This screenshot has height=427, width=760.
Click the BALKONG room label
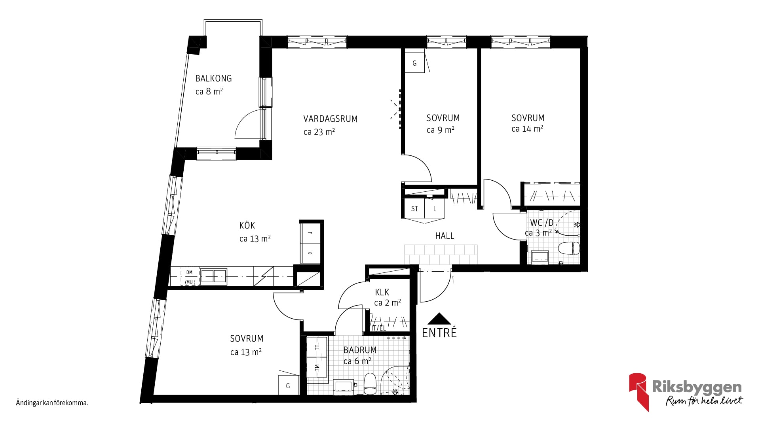coord(213,78)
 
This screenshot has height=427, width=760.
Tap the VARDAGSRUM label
coord(331,119)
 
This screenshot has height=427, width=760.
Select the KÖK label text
coord(247,225)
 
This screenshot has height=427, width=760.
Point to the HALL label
coord(445,236)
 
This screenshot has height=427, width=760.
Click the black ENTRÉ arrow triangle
coord(439,319)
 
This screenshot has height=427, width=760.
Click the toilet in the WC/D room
coord(569,248)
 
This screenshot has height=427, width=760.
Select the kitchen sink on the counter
coord(214,276)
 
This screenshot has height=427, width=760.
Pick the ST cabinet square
coord(414,208)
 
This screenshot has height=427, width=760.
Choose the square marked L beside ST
coord(435,208)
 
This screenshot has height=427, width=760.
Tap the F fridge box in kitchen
coord(310,233)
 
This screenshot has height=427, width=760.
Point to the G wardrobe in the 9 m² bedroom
coord(414,63)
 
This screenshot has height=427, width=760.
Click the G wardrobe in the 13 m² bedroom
coord(288,385)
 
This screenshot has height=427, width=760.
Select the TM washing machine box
coord(317,367)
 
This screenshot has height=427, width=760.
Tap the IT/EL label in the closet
coord(379,328)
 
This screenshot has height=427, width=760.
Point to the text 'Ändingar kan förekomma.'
coord(52,403)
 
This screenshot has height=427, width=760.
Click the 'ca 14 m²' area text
coord(527,129)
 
